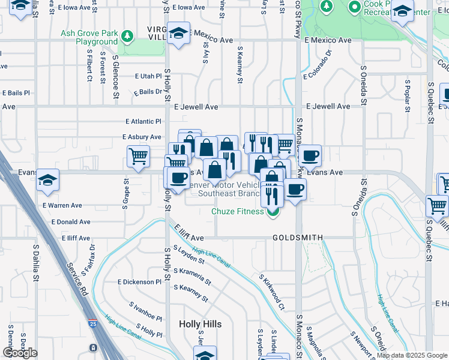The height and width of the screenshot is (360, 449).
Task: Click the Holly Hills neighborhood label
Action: click(x=200, y=324)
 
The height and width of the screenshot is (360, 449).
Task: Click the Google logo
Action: click(x=20, y=353)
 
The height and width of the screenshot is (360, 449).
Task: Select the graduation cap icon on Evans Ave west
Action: click(x=47, y=180)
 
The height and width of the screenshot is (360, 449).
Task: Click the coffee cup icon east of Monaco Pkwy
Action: click(x=310, y=156)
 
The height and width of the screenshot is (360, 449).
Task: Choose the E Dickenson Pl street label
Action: click(x=139, y=281)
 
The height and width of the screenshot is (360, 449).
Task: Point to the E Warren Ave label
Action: click(x=62, y=205)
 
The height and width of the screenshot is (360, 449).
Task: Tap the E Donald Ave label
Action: click(x=71, y=221)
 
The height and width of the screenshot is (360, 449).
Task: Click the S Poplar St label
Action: click(x=408, y=91)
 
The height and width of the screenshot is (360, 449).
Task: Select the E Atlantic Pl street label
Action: click(x=143, y=121)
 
